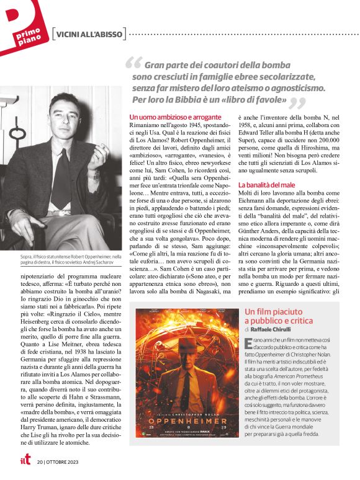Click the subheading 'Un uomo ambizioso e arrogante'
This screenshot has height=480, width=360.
pos(176,117)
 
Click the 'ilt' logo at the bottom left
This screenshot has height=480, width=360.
pos(24,461)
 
